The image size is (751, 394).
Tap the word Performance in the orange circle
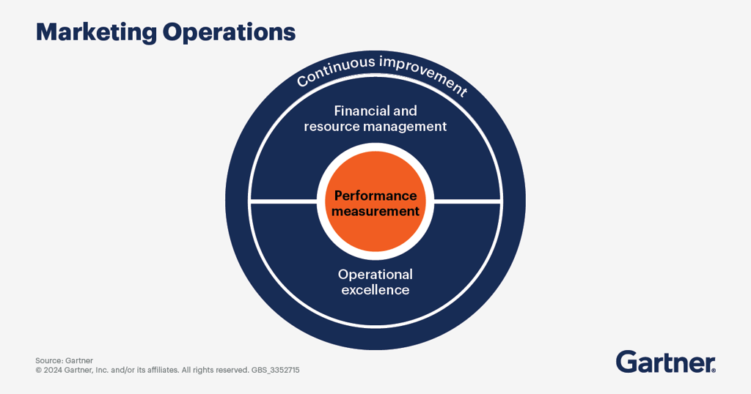click(x=375, y=196)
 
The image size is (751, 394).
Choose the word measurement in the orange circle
click(x=375, y=211)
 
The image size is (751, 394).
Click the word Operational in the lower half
click(x=375, y=274)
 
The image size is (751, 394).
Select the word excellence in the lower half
click(x=375, y=290)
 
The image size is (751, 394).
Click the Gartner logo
click(x=665, y=362)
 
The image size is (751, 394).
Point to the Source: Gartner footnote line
click(x=64, y=360)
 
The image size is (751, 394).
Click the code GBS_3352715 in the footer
click(x=276, y=371)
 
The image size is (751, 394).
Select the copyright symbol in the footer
click(x=38, y=371)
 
